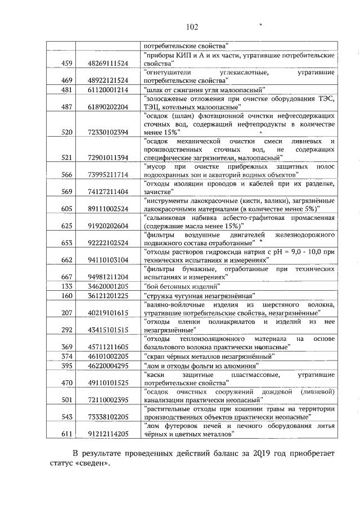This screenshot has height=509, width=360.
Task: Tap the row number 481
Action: [x=67, y=90]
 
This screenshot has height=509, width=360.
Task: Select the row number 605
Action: [x=67, y=209]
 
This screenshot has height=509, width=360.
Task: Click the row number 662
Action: [x=67, y=260]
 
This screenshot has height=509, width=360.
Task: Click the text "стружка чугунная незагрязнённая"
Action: [x=200, y=295]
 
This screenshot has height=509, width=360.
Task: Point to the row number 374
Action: [x=67, y=356]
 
